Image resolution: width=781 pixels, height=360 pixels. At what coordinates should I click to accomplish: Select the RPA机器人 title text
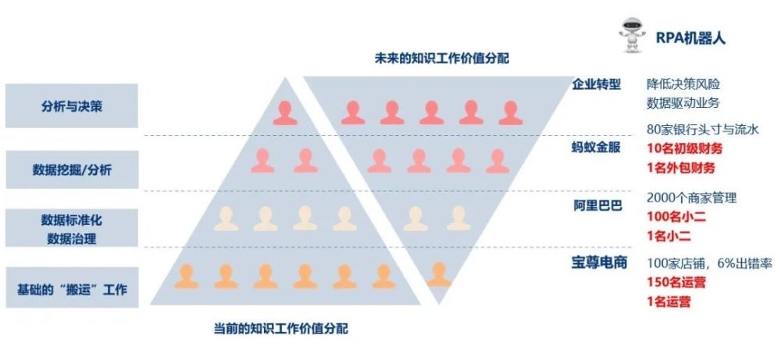point(690,37)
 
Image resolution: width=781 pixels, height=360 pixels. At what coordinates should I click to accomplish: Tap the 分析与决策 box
point(72,105)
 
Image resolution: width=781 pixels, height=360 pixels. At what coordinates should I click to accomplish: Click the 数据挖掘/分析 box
point(72,169)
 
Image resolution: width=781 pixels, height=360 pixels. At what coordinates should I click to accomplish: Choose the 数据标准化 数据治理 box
point(72,228)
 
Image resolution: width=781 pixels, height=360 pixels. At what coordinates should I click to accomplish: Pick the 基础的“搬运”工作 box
point(72,287)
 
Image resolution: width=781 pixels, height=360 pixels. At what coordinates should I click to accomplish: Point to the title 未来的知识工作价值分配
point(442,59)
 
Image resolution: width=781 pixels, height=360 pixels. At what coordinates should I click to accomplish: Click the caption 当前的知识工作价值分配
point(281,329)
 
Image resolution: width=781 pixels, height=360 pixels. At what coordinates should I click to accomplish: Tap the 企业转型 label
point(596,84)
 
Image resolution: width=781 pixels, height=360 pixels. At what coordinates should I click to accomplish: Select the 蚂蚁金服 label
point(596,148)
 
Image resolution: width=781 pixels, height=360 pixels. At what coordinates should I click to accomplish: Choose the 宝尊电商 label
point(599,262)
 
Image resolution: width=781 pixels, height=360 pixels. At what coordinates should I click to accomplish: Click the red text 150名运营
point(676,283)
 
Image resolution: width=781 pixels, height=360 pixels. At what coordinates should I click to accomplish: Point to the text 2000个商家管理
point(691,198)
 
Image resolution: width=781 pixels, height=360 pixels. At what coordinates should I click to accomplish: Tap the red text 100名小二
point(676,216)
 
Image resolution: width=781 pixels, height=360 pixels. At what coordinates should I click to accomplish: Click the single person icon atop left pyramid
point(285,113)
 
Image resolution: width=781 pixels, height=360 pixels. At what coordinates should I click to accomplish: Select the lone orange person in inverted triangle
point(439,274)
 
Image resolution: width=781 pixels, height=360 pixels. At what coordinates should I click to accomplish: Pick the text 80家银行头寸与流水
point(702,130)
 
